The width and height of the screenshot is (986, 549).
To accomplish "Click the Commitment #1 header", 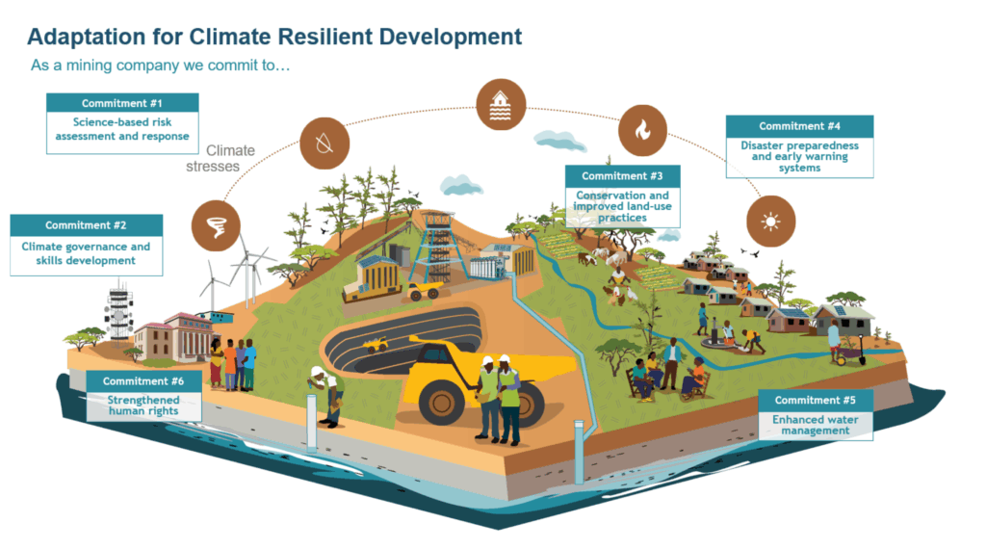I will tap(122, 103).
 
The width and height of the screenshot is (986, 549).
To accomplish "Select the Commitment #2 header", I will tap(86, 225).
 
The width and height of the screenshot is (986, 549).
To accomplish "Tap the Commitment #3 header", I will tap(622, 176).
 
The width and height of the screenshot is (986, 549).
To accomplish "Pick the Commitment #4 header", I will tap(799, 126).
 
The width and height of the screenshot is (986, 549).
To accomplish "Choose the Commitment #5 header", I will tap(815, 400).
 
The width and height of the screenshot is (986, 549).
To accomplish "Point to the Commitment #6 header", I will tap(143, 381).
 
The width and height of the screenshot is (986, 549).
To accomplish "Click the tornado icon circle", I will tap(217, 225).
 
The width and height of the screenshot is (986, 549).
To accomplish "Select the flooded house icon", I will tap(502, 104).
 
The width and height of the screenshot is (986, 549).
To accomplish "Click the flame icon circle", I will tap(642, 130).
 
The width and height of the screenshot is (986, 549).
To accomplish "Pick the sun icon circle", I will tap(770, 222).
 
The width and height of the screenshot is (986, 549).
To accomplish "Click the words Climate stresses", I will tap(224, 158).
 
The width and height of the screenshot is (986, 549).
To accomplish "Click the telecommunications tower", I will tap(120, 314).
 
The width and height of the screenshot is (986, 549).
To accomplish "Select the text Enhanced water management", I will tap(815, 425).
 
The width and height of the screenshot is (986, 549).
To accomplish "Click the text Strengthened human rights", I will tap(143, 405).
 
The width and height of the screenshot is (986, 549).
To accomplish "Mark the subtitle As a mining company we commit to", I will tap(160, 66).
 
